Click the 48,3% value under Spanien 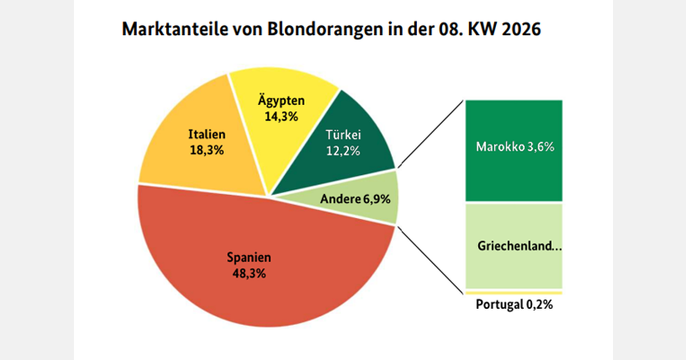[249, 273]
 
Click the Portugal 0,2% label [514, 305]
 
